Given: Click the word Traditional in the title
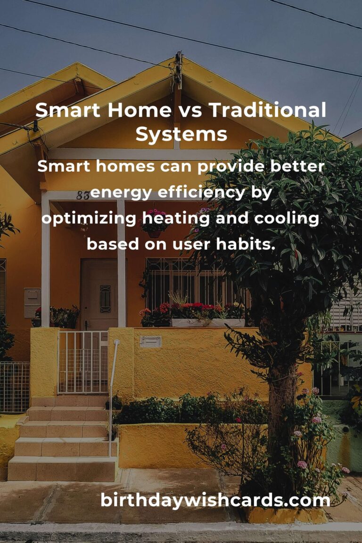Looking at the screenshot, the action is [x=267, y=110].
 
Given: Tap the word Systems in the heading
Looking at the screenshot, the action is [x=181, y=135].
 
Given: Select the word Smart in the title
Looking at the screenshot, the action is [x=67, y=110].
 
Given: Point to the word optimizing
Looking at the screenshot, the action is [x=89, y=219].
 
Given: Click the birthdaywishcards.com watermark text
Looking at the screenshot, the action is [x=215, y=500].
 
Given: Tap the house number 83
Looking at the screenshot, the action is [x=83, y=196].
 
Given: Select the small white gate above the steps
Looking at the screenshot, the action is [x=83, y=362].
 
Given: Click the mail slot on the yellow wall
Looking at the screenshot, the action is [x=150, y=342].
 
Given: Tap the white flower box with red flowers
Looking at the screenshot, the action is [x=208, y=322].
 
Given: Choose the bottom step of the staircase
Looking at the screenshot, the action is [x=62, y=469].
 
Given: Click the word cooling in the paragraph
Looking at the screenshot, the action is [x=286, y=219].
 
